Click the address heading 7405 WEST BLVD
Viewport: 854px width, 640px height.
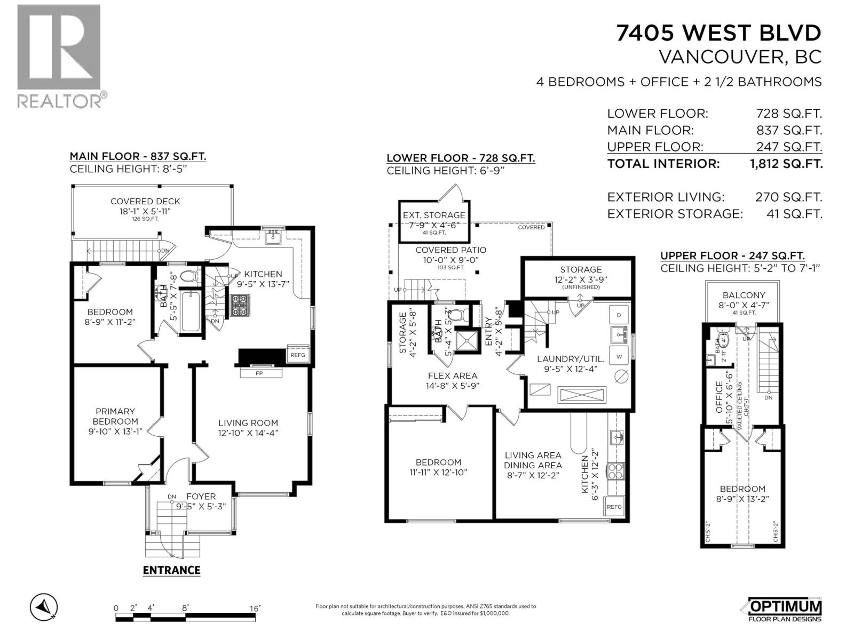click(x=718, y=33)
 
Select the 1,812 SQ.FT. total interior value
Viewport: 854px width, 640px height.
click(x=786, y=164)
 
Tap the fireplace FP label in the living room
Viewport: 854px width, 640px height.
click(x=259, y=373)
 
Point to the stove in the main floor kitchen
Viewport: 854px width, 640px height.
click(x=240, y=306)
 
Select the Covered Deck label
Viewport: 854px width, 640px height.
click(x=145, y=201)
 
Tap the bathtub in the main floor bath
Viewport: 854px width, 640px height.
click(x=191, y=312)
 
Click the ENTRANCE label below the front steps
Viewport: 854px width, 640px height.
click(x=171, y=570)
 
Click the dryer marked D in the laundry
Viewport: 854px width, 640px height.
click(x=619, y=315)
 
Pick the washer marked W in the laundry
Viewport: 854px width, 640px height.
click(x=619, y=356)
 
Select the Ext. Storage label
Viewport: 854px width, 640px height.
click(x=434, y=215)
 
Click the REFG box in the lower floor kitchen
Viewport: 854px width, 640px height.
click(x=614, y=507)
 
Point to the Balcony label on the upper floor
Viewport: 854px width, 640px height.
click(x=744, y=295)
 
